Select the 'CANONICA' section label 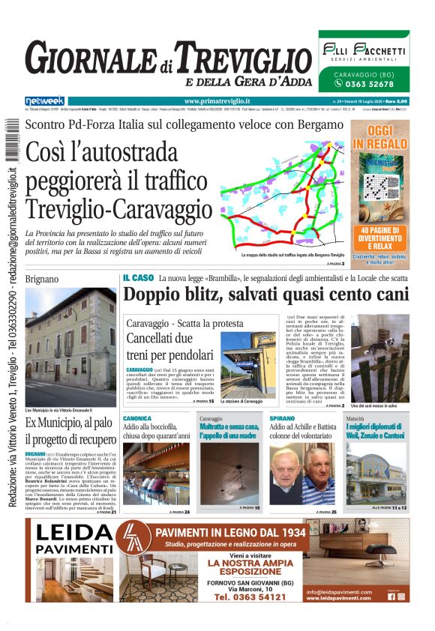[x=137, y=418]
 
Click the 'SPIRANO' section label [x=282, y=418]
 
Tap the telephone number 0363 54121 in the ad [x=250, y=597]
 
